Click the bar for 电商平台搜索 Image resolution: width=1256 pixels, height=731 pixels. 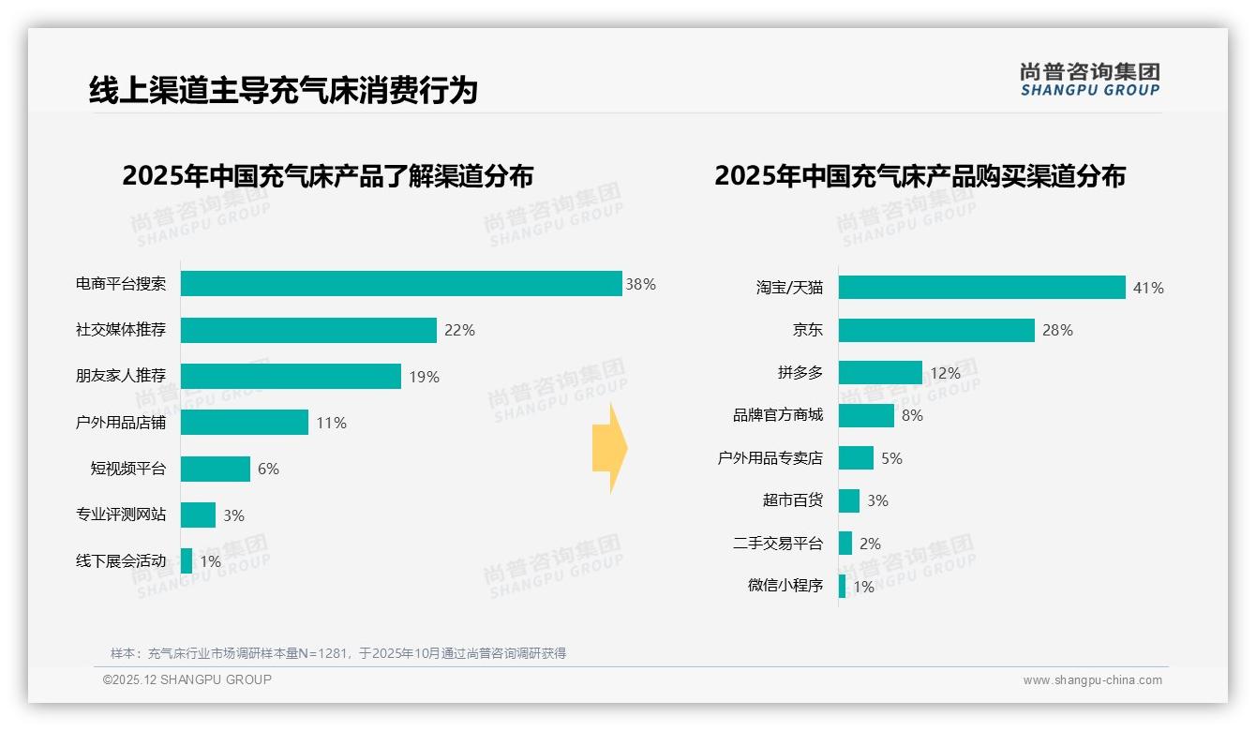(401, 284)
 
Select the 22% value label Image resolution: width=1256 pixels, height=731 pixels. (459, 330)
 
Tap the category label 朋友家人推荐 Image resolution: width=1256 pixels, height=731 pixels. (121, 376)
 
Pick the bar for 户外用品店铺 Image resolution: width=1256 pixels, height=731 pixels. (245, 423)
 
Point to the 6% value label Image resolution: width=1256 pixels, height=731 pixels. (268, 469)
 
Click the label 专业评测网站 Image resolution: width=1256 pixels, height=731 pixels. (121, 515)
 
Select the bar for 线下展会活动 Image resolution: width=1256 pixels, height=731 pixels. (187, 561)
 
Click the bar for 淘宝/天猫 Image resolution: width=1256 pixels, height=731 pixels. (981, 288)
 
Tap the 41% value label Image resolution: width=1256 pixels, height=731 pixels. (1148, 288)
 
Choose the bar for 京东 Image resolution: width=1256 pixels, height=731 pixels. (936, 330)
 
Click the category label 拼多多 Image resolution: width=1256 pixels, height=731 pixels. (800, 373)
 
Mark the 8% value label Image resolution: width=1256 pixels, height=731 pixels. (912, 415)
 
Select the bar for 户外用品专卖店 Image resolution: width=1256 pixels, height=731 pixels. (856, 458)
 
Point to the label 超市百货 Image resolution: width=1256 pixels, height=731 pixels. (793, 500)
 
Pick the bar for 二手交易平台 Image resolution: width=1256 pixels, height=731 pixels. (845, 544)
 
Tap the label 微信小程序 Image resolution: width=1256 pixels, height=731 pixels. (785, 586)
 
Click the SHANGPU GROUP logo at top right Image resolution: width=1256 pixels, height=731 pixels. (1089, 79)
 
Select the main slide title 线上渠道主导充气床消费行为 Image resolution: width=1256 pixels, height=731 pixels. (283, 90)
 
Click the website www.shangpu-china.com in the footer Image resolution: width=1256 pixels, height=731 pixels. (1092, 680)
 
